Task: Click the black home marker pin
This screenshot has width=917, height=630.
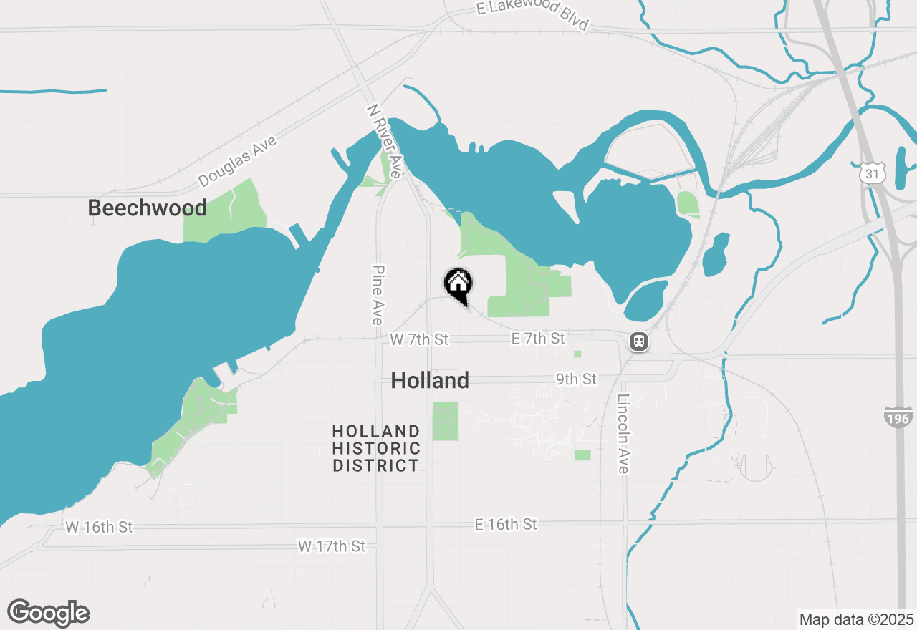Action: pos(458,284)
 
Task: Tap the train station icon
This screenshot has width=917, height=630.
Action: pos(639,342)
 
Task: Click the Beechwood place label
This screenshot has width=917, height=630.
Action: pos(147,208)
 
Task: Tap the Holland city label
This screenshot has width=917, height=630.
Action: pos(430,380)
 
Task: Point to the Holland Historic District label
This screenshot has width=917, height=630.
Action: pos(376,449)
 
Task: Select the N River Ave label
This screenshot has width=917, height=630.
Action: pos(385,141)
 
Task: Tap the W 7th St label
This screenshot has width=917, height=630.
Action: pos(419,339)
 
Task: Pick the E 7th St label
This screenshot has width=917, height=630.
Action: pos(538,338)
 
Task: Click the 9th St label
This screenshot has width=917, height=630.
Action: pos(576,379)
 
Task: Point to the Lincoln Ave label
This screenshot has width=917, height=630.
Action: pos(623,434)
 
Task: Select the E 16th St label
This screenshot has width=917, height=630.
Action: pos(505,525)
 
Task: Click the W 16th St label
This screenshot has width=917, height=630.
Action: pos(99,527)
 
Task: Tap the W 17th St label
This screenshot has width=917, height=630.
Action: pos(331,547)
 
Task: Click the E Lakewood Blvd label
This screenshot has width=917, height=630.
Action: pos(532,14)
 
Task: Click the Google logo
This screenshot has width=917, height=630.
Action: pos(49,613)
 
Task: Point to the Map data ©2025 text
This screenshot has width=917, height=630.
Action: pos(856,619)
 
